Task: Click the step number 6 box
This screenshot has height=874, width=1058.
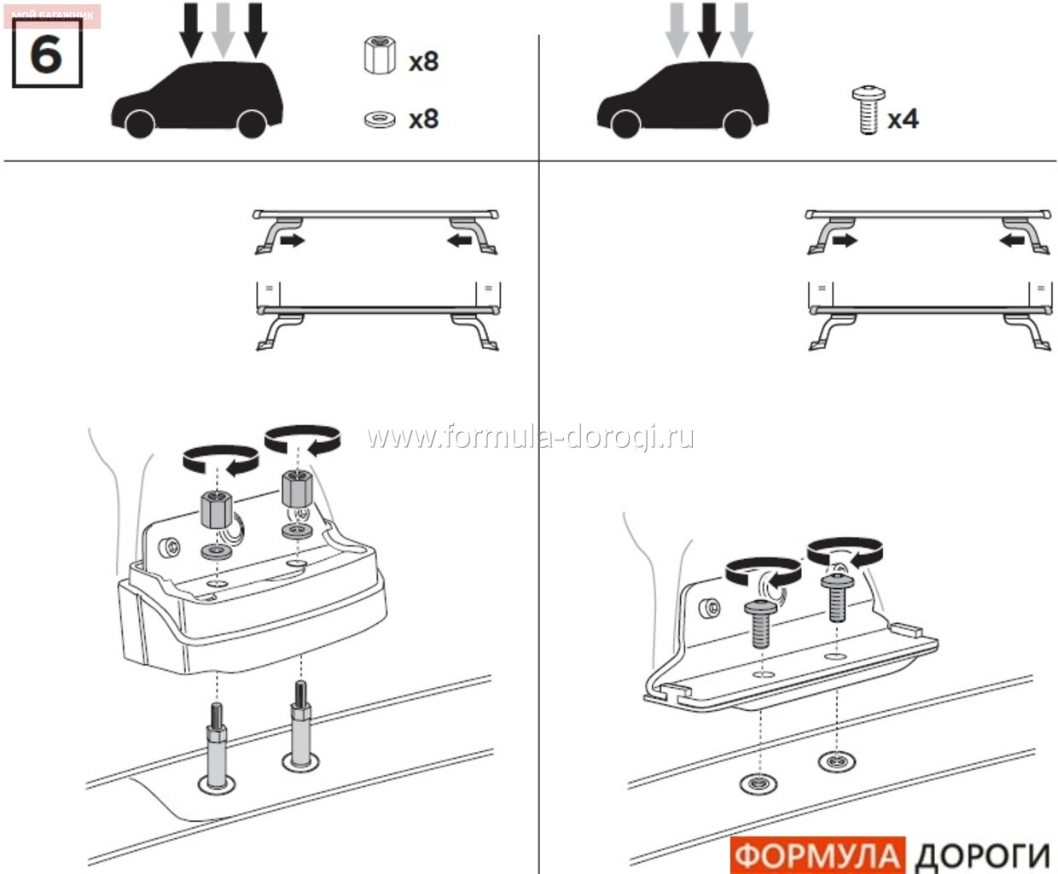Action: [47, 53]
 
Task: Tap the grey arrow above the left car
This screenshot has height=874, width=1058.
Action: [223, 29]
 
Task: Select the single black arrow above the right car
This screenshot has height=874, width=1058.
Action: [709, 29]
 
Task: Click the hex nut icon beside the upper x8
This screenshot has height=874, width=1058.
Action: [380, 55]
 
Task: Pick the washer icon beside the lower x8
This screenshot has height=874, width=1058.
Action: [380, 119]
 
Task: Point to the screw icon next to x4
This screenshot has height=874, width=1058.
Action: [869, 109]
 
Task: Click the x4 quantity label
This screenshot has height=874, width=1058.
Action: [903, 119]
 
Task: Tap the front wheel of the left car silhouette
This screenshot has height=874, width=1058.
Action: [141, 123]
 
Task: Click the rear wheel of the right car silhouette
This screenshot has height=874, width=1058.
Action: [738, 123]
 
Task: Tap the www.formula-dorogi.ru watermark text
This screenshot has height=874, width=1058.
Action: [530, 437]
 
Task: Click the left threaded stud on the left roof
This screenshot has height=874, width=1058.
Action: [217, 745]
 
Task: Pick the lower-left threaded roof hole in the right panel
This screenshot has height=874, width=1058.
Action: [758, 784]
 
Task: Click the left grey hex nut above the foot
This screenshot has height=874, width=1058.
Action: [217, 510]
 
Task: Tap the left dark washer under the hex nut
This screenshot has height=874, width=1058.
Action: [217, 551]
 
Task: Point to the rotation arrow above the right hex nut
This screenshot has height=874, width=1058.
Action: [303, 440]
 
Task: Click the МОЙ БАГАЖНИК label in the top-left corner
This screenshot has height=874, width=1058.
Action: [52, 15]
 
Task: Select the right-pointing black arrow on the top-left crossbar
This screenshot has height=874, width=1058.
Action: [293, 241]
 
